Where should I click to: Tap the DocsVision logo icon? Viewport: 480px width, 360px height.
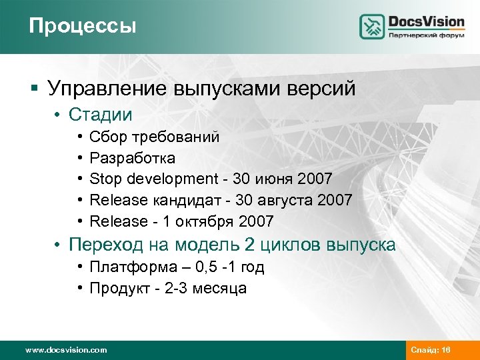click(x=372, y=26)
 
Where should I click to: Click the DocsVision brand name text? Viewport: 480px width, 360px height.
click(x=426, y=21)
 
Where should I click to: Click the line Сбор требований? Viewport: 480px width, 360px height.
click(x=154, y=137)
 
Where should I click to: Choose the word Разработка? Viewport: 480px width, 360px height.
click(x=132, y=158)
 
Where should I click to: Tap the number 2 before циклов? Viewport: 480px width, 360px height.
click(x=250, y=245)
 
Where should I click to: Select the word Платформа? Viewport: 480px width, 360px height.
click(x=127, y=267)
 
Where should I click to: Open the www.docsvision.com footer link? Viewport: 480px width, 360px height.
click(x=65, y=349)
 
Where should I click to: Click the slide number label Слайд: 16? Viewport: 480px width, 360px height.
click(x=431, y=349)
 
